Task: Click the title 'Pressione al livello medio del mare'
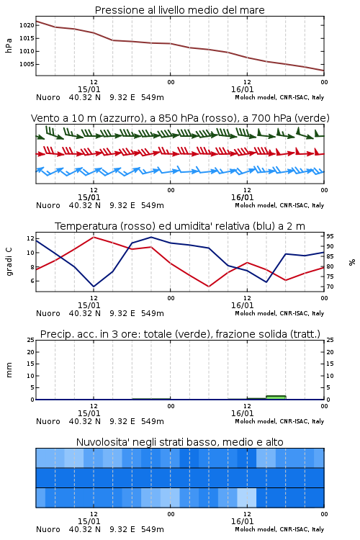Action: (x=179, y=10)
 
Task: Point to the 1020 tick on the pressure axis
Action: (x=27, y=25)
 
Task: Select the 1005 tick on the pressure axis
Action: (x=27, y=64)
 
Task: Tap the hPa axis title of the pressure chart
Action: (x=9, y=45)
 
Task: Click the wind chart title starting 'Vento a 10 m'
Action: (x=180, y=118)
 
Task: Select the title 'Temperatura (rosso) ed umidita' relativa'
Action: (x=180, y=226)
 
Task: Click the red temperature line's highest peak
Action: (x=94, y=237)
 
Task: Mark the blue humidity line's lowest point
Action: (x=94, y=287)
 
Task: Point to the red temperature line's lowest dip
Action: (x=209, y=287)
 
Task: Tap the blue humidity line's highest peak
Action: (x=151, y=237)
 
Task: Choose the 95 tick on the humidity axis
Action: (x=330, y=236)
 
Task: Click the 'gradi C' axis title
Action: (x=9, y=261)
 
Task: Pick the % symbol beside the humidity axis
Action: (x=352, y=262)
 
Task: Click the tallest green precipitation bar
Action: (x=276, y=397)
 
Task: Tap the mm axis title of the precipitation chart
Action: (x=9, y=370)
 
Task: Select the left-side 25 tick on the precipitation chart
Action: (x=31, y=340)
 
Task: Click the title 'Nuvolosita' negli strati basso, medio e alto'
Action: (x=180, y=442)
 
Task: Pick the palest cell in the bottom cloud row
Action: (x=247, y=498)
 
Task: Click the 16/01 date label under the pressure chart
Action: (x=243, y=89)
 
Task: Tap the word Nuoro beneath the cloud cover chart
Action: (x=48, y=529)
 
